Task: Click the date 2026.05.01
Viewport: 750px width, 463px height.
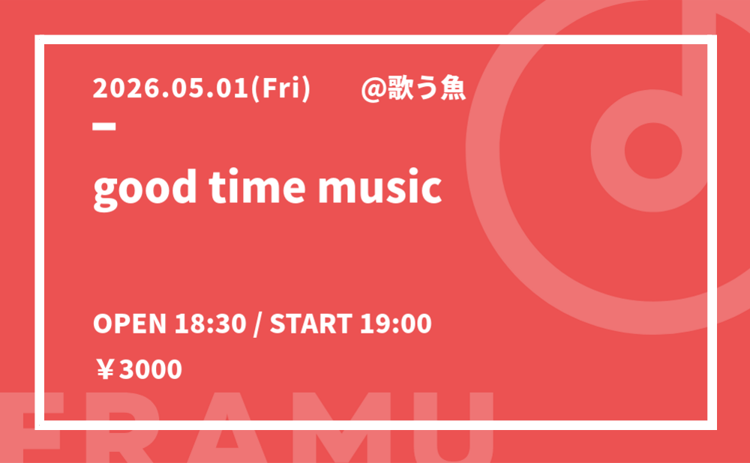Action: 171,89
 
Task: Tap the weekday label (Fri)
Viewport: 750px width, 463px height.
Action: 280,89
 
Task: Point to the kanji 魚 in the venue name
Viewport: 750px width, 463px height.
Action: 453,89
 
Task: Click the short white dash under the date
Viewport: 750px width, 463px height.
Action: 104,127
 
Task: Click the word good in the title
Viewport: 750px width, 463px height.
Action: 145,187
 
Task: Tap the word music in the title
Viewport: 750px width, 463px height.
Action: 379,187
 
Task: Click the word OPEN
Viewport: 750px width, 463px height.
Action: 130,324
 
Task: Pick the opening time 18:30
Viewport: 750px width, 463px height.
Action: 211,324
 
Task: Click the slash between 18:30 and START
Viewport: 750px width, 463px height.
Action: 258,324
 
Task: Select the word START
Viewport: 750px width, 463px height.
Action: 311,324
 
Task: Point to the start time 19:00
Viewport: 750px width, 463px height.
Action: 395,324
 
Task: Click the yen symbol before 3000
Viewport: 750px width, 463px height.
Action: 105,370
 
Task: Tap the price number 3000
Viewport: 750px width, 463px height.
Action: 151,370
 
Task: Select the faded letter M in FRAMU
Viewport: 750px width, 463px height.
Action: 334,427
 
